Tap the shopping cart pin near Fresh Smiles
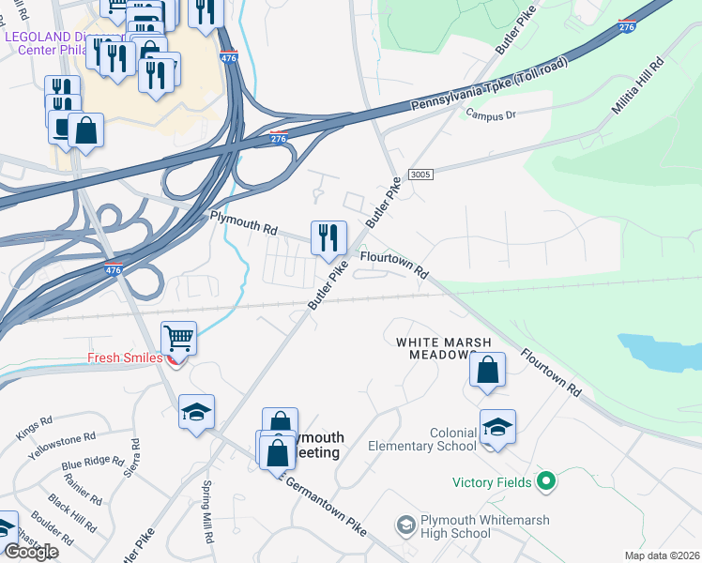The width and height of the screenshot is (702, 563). click(x=178, y=339)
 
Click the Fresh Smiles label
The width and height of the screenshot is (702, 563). click(x=126, y=358)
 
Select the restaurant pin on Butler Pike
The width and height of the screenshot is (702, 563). click(x=328, y=239)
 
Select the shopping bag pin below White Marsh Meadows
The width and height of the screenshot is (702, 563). click(x=487, y=371)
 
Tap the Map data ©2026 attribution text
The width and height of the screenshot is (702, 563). click(x=661, y=555)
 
